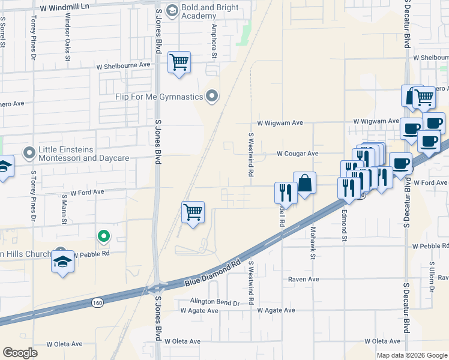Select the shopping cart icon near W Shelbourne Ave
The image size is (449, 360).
[179, 62]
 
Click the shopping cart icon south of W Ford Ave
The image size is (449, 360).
[193, 212]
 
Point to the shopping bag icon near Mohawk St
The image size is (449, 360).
[304, 182]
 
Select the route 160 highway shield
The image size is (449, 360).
[97, 303]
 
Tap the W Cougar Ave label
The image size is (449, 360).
[297, 154]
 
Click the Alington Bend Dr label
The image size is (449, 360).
[214, 302]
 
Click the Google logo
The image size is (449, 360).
[20, 353]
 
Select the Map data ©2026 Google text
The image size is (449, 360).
[411, 355]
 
